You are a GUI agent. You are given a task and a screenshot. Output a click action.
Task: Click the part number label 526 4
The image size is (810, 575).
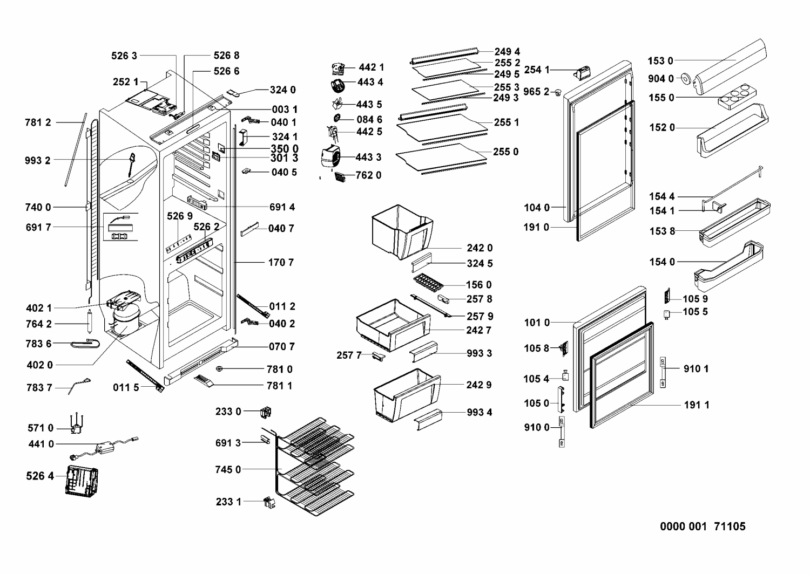[40, 476]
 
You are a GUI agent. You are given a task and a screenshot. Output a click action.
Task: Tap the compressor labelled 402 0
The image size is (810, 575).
[125, 322]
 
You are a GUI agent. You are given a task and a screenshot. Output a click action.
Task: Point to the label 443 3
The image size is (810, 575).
[368, 157]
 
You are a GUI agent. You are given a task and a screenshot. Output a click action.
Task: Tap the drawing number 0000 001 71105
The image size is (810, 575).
[703, 526]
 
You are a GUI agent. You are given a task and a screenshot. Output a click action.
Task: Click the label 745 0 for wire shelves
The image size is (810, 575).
[228, 469]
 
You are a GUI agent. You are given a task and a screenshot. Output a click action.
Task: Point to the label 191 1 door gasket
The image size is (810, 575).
[697, 405]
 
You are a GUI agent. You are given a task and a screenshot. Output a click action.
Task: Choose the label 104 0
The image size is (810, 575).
[536, 208]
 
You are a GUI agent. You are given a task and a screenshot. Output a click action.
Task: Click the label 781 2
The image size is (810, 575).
[38, 122]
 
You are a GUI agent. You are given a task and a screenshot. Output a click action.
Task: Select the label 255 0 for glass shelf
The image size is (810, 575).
[505, 152]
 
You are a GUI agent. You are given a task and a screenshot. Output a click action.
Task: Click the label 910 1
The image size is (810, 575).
[696, 368]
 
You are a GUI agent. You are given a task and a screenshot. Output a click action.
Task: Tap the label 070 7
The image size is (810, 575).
[282, 346]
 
